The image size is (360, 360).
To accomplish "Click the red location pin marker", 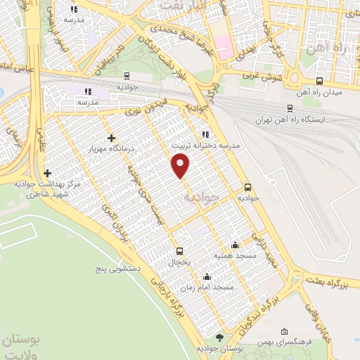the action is click(181, 166).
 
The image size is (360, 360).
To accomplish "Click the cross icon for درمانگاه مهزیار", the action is click(111, 138).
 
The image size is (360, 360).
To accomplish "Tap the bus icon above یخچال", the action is click(179, 250).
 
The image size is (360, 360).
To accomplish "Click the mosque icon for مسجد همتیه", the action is click(235, 245).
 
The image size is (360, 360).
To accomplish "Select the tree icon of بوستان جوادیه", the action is click(219, 339).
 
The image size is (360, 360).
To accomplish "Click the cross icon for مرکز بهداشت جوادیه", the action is click(47, 173).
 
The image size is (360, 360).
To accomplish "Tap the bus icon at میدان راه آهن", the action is click(320, 82).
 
